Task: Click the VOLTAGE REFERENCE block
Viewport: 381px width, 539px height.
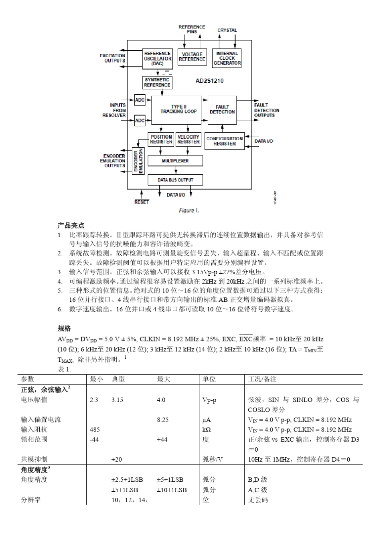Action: tap(192, 57)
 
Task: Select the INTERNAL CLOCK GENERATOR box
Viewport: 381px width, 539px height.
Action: tap(227, 58)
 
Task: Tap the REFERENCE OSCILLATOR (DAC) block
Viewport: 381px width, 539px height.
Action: tap(157, 59)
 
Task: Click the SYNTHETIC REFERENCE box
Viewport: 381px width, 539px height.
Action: tap(157, 83)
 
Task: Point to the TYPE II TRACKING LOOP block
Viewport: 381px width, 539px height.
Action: tap(176, 109)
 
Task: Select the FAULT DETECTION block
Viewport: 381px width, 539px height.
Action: tap(222, 109)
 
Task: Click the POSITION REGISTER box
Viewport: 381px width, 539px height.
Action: tap(161, 139)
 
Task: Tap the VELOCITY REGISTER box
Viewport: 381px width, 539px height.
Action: tap(188, 139)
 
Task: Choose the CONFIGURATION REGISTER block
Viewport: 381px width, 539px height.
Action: tap(225, 141)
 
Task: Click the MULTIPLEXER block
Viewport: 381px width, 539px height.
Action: tap(175, 161)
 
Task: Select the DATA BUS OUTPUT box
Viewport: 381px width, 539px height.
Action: tap(175, 180)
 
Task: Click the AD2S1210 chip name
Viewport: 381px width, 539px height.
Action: tap(209, 81)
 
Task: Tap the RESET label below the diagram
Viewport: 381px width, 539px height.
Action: tap(142, 202)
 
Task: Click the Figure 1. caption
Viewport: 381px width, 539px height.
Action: tap(188, 210)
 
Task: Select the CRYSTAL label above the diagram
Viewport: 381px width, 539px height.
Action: tap(227, 30)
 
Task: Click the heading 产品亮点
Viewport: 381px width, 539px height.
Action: tap(71, 225)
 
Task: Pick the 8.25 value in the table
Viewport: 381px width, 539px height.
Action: tap(162, 420)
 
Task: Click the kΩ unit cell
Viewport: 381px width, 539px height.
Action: tap(207, 430)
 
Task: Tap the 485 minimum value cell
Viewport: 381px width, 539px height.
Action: tap(95, 430)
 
